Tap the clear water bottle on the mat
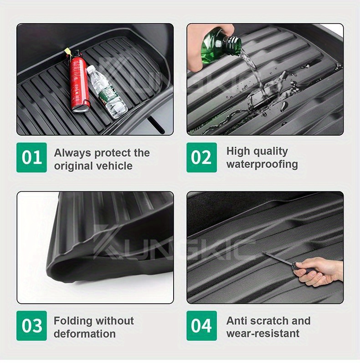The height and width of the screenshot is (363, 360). tap(107, 92)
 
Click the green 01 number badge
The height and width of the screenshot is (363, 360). tap(31, 158)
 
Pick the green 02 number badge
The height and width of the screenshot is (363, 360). tap(201, 158)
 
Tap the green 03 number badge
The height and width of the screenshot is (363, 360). tap(31, 326)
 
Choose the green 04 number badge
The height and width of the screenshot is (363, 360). tap(201, 326)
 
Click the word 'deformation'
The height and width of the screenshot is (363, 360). tap(85, 334)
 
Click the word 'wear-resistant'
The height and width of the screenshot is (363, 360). tap(263, 334)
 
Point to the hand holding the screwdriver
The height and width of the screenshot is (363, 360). tap(319, 271)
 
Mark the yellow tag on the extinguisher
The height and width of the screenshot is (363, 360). tap(67, 51)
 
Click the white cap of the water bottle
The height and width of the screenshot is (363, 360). tap(91, 68)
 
